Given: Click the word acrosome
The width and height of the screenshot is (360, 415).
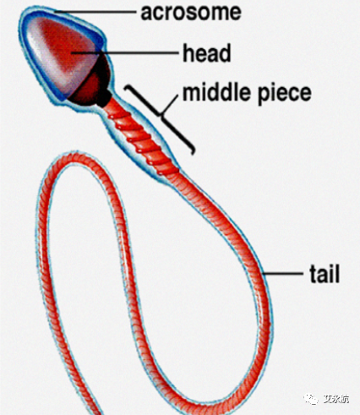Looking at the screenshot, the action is (x=191, y=13).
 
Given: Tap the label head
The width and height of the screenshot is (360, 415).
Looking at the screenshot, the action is (x=207, y=52).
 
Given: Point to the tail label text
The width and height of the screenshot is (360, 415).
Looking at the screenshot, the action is (x=325, y=273).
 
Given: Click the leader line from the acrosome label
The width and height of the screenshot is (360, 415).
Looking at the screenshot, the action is (x=95, y=12).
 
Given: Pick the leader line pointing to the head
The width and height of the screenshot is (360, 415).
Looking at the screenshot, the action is (x=125, y=52).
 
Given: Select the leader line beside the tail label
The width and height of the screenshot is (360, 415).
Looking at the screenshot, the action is (x=282, y=273).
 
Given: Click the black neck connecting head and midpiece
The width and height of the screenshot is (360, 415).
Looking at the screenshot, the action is (x=105, y=98).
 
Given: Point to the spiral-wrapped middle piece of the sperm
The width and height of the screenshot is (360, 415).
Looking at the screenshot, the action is (x=142, y=137).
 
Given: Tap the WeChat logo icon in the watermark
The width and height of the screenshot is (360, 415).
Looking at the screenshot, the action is (x=310, y=399).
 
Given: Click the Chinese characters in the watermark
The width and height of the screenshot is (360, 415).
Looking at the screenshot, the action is (x=335, y=399).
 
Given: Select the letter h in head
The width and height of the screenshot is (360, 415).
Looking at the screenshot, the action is (x=188, y=52).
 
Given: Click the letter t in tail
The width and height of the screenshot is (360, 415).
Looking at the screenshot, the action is (x=313, y=274).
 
